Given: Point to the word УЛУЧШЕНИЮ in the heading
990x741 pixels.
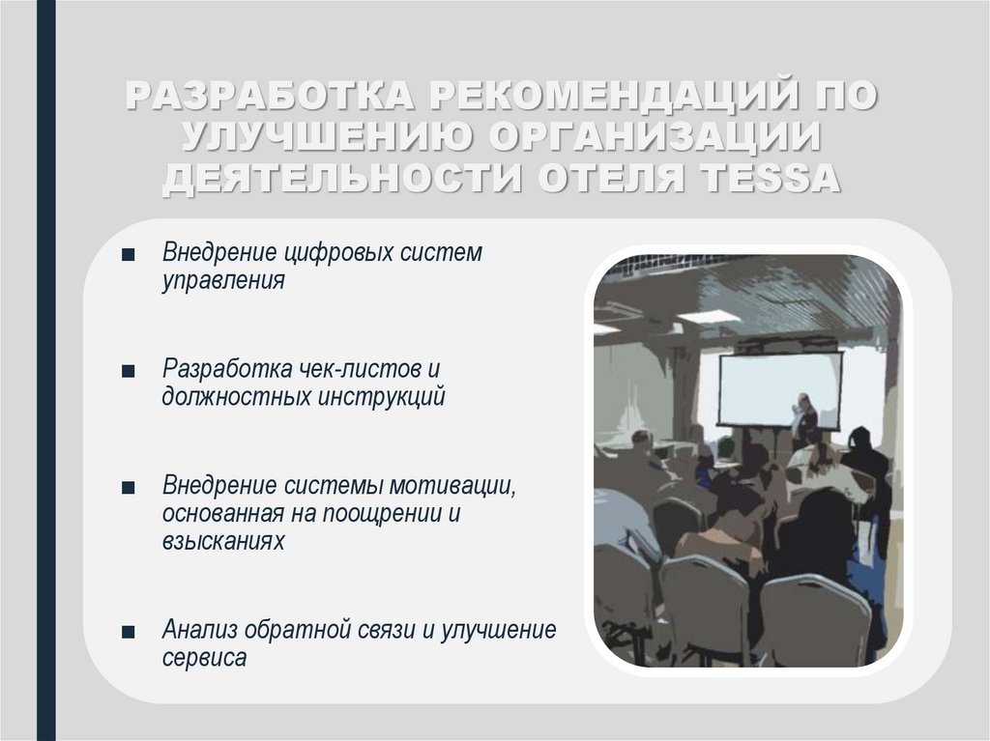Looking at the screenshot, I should tap(322, 139).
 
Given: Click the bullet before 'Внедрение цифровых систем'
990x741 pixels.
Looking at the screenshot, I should tap(129, 255).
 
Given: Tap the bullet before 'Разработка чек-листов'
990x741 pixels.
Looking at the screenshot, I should tap(129, 371).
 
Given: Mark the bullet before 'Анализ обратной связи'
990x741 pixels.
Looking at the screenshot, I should tap(129, 632).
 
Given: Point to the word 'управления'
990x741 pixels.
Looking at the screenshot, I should tap(223, 281).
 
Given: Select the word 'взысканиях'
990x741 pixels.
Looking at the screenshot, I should tap(223, 541).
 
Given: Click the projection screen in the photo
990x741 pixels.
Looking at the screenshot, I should tap(778, 388).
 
